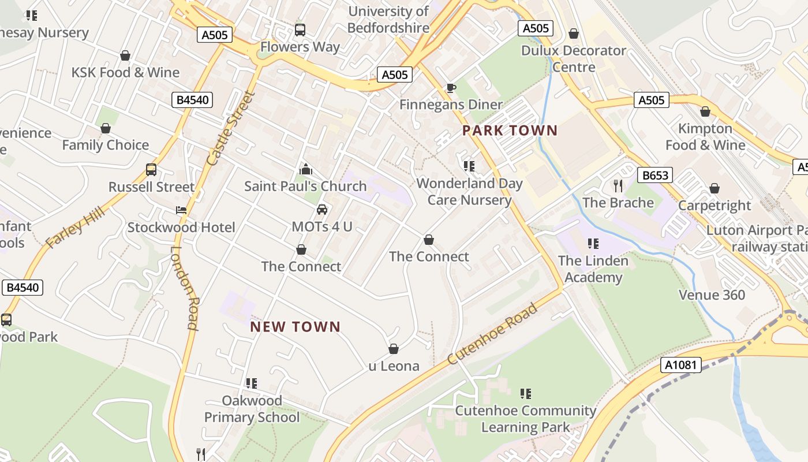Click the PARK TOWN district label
point(510,131)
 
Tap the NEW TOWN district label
point(295,327)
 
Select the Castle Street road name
point(230,128)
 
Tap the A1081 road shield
point(681,365)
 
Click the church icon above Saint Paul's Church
point(306,169)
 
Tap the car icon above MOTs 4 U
point(322,210)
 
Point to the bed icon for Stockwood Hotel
point(181,210)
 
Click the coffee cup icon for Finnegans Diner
point(451,88)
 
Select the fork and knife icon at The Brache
point(618,185)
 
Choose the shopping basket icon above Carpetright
point(715,188)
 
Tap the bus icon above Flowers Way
point(300,29)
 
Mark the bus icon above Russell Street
point(151,170)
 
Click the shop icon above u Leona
point(394,349)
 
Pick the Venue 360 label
point(712,295)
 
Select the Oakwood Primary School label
point(252,409)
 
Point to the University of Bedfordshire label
point(389,19)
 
